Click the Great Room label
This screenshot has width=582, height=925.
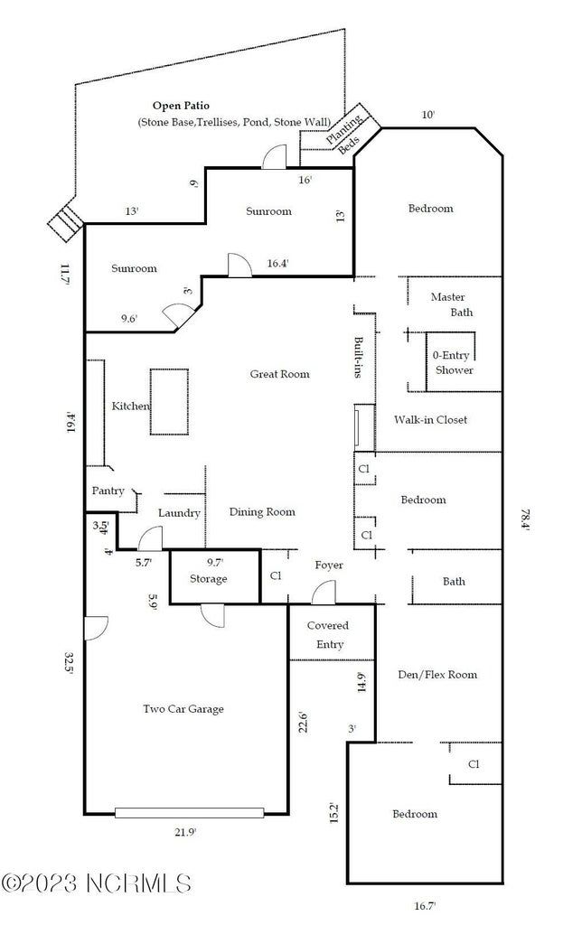click(279, 374)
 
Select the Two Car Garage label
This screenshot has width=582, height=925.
click(183, 709)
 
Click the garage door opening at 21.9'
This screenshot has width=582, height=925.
click(190, 812)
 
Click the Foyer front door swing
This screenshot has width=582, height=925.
click(323, 593)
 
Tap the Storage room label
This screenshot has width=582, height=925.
click(209, 579)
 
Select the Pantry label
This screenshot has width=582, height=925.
click(108, 491)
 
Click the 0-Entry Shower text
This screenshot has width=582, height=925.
click(452, 363)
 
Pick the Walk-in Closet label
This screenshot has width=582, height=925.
click(430, 420)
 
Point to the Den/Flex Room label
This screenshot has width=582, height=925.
click(437, 675)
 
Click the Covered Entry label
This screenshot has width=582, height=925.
click(328, 634)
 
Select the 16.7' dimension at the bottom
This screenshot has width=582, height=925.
click(423, 905)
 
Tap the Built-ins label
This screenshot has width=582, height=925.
click(359, 357)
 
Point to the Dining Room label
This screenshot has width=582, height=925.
click(262, 512)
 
